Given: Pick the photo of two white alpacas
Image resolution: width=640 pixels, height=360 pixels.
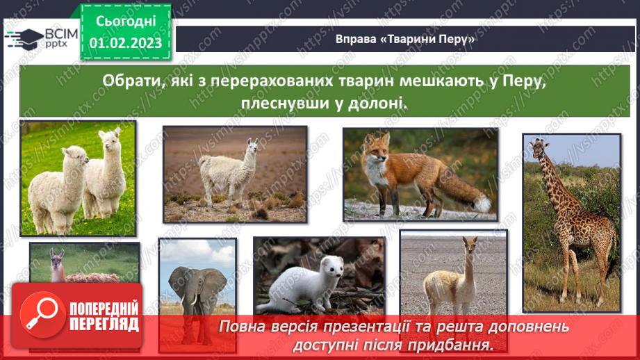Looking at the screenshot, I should click(77, 178).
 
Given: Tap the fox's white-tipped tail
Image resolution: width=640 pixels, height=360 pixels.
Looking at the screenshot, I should click(479, 202).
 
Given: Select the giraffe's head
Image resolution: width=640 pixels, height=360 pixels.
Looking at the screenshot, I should click(539, 148).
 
